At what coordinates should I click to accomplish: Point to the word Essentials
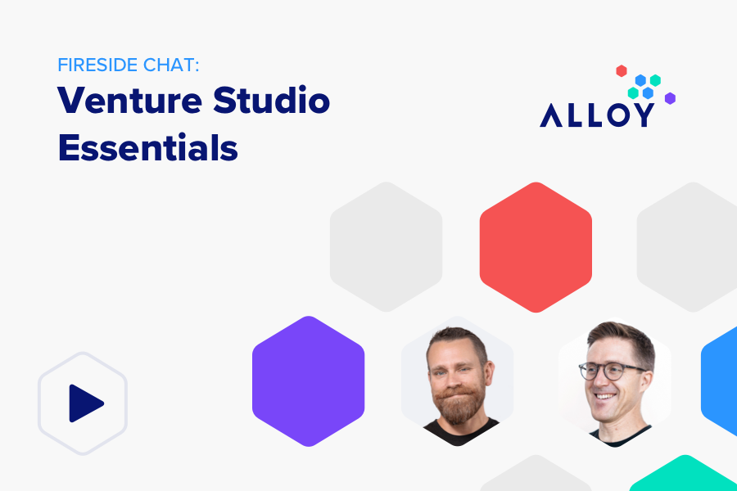coord(147,148)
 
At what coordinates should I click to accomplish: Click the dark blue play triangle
coord(84,403)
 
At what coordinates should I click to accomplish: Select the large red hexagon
coord(536,247)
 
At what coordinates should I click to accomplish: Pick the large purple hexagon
coord(308,381)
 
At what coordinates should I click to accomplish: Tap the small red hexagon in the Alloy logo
coord(622,71)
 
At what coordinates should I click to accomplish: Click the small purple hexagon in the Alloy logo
coord(670,98)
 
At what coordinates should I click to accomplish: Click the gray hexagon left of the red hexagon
coord(386,247)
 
